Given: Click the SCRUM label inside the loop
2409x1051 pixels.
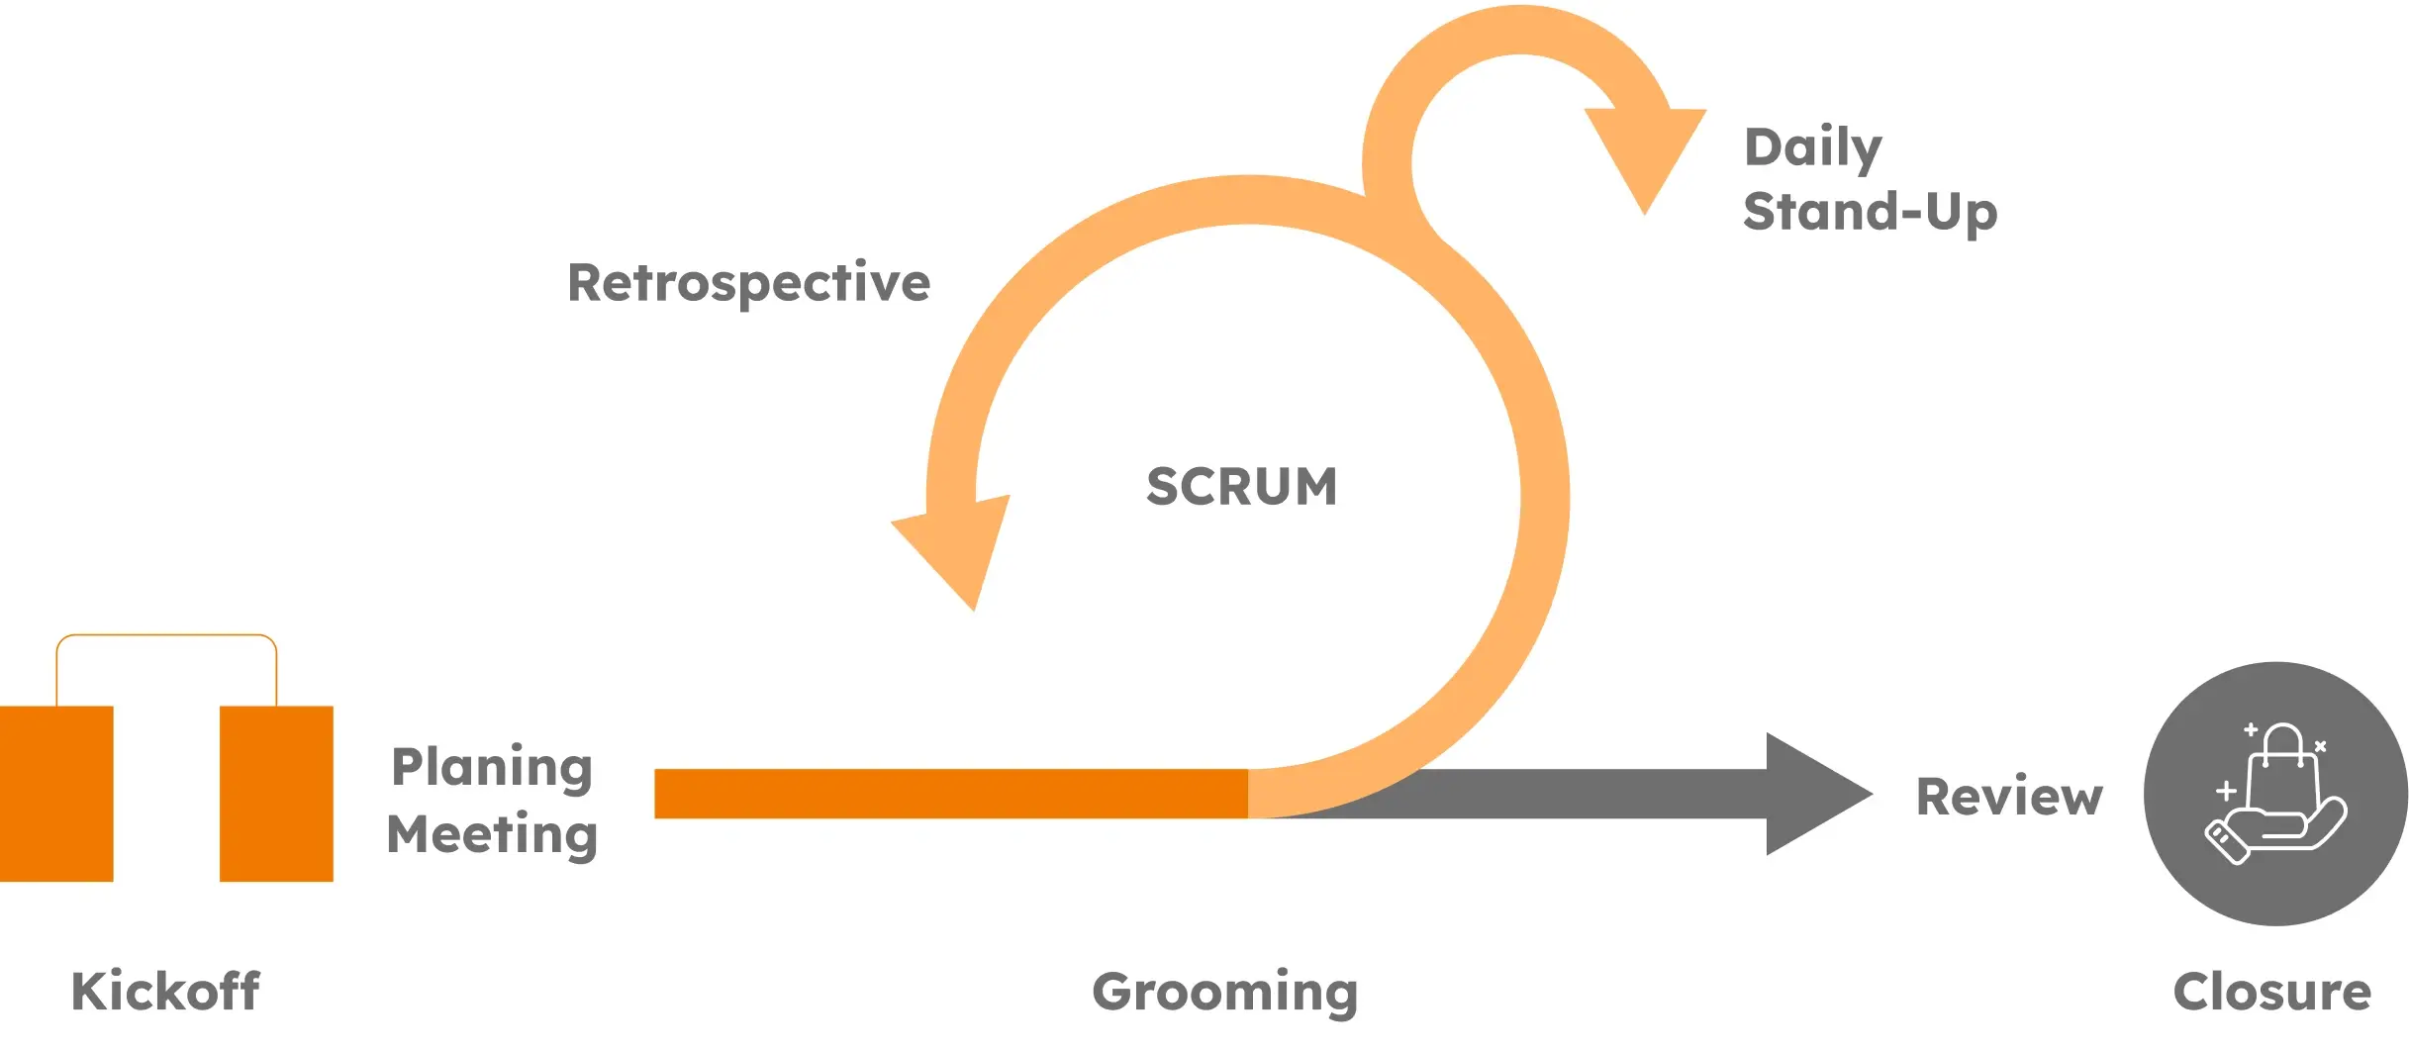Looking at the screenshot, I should (1241, 487).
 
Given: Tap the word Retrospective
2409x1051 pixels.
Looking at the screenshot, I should (748, 283).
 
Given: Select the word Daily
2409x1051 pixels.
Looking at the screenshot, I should (1812, 148).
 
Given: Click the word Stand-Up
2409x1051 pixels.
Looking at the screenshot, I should (1870, 212).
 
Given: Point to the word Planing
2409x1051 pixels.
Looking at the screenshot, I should (492, 767).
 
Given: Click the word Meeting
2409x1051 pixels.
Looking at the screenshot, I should (492, 834).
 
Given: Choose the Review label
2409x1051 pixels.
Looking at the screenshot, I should (2009, 797).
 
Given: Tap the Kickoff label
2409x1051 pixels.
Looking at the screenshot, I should (165, 991).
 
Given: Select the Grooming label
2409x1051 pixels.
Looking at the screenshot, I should (1224, 992).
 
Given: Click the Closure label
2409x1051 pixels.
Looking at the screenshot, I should (2271, 992).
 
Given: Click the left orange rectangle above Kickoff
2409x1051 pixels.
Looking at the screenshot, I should (56, 793).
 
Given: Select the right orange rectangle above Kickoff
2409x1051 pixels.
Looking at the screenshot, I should (276, 793).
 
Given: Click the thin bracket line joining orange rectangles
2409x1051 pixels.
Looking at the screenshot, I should (166, 635).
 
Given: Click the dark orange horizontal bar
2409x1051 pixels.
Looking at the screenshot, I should (950, 794).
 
